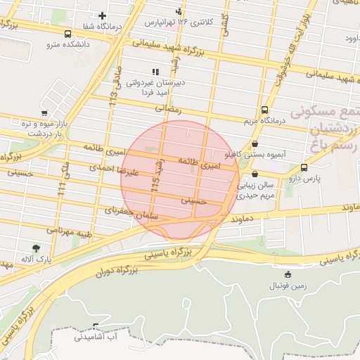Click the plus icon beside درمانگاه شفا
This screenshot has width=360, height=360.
(x=103, y=15)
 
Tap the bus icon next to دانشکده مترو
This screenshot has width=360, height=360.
(x=67, y=34)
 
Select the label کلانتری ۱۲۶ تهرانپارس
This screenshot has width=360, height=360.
(x=179, y=22)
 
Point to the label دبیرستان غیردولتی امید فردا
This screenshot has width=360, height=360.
(x=155, y=87)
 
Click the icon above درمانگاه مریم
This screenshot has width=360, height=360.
(x=264, y=110)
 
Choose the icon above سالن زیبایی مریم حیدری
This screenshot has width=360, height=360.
(x=254, y=174)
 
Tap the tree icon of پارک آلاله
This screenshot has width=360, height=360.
(x=36, y=247)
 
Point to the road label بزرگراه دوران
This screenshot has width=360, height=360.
(x=105, y=270)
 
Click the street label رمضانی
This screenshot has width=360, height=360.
(x=168, y=109)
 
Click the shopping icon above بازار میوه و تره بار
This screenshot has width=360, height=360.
(x=44, y=112)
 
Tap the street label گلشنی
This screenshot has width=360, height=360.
(x=224, y=26)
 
